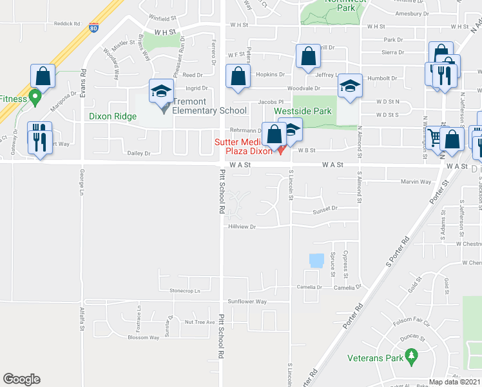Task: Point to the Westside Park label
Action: click(x=303, y=111)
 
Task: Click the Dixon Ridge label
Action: click(x=113, y=117)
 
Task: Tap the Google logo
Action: click(x=21, y=379)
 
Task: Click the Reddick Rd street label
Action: click(x=67, y=24)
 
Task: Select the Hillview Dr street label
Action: click(x=242, y=226)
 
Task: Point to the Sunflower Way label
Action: click(x=247, y=301)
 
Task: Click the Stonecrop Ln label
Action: click(x=185, y=291)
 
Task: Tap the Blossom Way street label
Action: click(x=143, y=337)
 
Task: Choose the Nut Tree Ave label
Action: click(x=199, y=322)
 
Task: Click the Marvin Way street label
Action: click(x=416, y=181)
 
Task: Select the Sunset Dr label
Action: click(x=325, y=208)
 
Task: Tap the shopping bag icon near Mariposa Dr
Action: click(x=43, y=77)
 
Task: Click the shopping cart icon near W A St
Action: click(x=436, y=138)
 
